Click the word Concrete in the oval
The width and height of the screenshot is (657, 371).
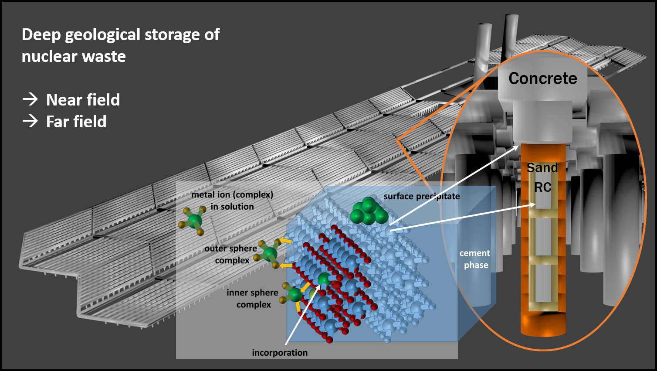(542, 78)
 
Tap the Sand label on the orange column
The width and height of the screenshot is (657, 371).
(542, 168)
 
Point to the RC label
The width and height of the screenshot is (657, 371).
(542, 187)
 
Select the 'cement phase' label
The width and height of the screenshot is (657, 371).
(475, 259)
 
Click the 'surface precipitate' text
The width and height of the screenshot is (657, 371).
(421, 196)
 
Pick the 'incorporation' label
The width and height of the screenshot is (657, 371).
(280, 353)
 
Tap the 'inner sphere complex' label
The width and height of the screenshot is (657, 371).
(252, 298)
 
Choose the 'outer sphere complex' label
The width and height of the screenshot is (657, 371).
(231, 254)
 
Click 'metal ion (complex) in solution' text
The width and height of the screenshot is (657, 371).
(232, 201)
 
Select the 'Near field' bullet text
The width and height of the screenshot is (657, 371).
(83, 100)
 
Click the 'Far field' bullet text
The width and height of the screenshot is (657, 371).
(76, 122)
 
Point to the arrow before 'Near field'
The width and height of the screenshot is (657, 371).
(30, 99)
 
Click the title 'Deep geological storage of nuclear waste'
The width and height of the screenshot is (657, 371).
(120, 45)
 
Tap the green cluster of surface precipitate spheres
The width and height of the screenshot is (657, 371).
(369, 211)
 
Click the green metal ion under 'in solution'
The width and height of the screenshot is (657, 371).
(195, 221)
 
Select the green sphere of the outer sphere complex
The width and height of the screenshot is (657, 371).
(270, 254)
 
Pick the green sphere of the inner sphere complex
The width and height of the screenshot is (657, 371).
(295, 295)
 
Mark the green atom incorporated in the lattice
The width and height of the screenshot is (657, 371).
(324, 279)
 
